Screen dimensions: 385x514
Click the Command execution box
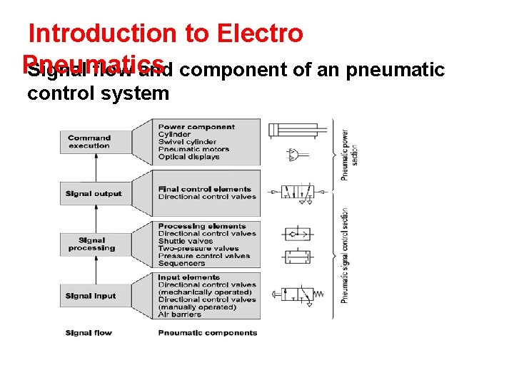[x=89, y=142]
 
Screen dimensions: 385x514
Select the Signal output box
[x=94, y=194]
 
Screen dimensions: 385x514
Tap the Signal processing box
[x=91, y=245]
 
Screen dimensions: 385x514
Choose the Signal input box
[x=90, y=296]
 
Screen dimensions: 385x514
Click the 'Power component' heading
[x=196, y=127]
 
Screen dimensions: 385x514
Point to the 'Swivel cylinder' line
[x=186, y=142]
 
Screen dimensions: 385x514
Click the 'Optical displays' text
[x=189, y=157]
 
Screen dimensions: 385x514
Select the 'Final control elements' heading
[x=205, y=189]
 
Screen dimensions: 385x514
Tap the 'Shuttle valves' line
[x=186, y=241]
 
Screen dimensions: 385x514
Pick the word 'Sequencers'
[x=181, y=263]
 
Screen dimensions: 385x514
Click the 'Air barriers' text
[x=179, y=314]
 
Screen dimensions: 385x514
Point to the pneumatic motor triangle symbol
[x=293, y=154]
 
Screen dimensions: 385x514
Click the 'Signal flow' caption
[x=89, y=333]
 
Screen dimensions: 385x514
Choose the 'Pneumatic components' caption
[x=208, y=333]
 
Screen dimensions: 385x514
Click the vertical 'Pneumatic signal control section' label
[x=345, y=255]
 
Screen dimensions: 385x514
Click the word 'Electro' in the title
[x=260, y=34]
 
